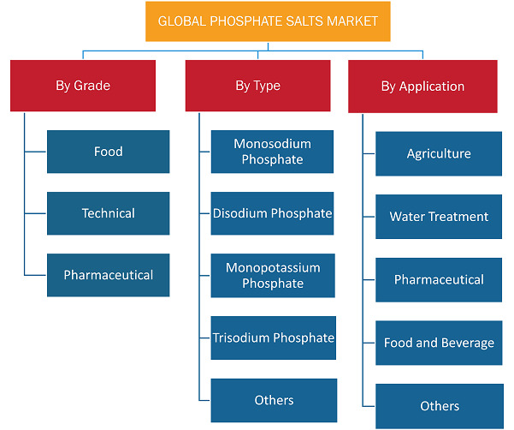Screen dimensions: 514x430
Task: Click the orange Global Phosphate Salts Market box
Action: click(268, 21)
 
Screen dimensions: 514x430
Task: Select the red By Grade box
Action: click(83, 86)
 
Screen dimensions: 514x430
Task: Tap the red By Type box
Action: click(258, 86)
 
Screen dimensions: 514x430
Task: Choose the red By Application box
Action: click(422, 87)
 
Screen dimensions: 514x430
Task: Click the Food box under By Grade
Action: click(108, 152)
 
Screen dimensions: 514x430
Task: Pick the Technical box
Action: click(108, 213)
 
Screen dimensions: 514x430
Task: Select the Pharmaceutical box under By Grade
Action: click(108, 275)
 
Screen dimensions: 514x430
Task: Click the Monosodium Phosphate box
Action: click(273, 152)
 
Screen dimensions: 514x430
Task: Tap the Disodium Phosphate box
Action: click(273, 213)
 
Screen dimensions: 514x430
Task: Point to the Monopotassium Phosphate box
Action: click(273, 276)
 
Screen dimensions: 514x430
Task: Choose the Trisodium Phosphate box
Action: click(274, 337)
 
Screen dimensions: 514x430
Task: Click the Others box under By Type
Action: click(274, 401)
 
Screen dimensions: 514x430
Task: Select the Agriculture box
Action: click(439, 153)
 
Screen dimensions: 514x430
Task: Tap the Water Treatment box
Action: click(439, 217)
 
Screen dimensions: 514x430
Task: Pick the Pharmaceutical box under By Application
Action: click(439, 280)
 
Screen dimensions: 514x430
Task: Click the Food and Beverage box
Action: click(439, 343)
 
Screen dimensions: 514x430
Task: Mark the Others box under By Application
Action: click(440, 406)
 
